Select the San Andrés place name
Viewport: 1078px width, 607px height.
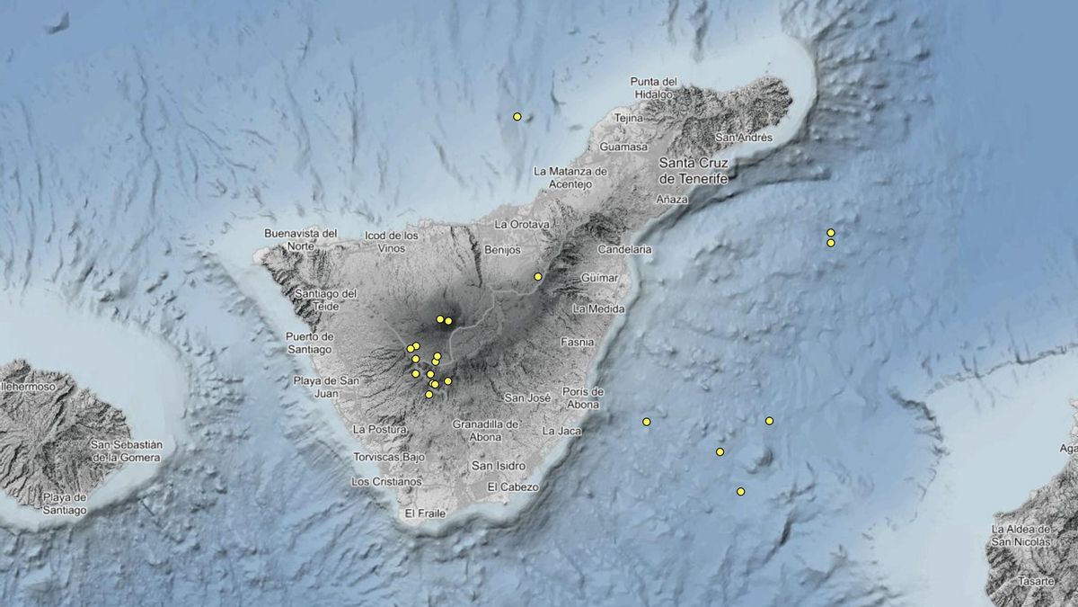(x=743, y=138)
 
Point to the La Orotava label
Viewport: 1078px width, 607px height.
(x=521, y=224)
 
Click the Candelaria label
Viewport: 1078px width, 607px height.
(x=624, y=248)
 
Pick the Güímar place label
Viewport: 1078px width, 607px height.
(x=599, y=278)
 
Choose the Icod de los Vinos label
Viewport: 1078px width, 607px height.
(x=392, y=242)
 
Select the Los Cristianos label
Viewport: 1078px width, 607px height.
(x=386, y=481)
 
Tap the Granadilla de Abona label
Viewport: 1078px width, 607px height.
(x=486, y=431)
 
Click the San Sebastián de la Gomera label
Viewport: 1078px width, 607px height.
(x=126, y=451)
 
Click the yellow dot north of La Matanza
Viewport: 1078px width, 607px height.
(x=517, y=116)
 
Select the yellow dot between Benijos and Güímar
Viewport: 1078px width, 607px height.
(x=538, y=276)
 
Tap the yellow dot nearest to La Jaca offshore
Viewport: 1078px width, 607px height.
(x=647, y=422)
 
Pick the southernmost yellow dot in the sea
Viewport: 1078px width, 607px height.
(x=741, y=491)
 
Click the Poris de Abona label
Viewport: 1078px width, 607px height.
(x=583, y=397)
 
